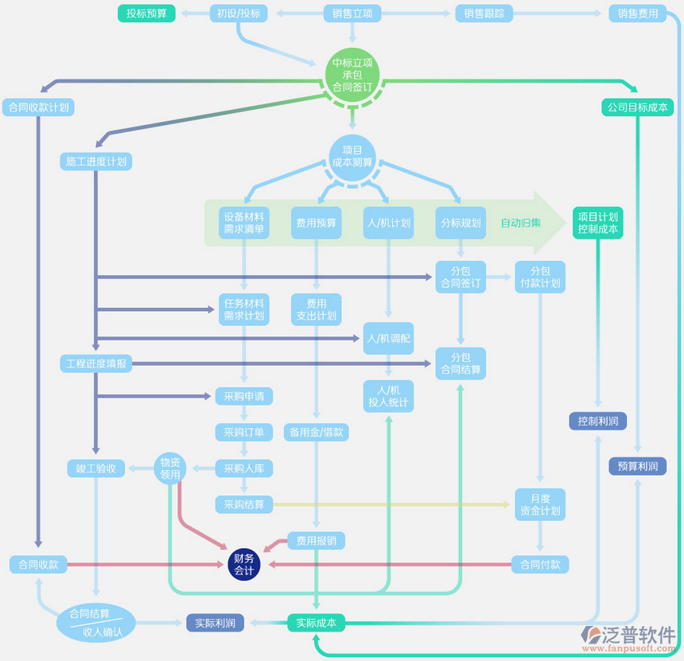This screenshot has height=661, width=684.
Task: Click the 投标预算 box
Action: (146, 14)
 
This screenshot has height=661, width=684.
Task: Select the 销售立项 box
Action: (352, 14)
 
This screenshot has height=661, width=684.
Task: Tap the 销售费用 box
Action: (638, 14)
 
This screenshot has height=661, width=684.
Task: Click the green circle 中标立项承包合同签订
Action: (352, 76)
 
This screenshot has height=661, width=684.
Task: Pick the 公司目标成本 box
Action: (637, 107)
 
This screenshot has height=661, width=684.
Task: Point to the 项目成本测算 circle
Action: (352, 156)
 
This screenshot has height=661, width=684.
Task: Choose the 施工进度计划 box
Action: (95, 161)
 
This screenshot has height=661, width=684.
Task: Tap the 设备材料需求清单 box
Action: (244, 223)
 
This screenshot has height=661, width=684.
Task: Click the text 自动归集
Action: (521, 223)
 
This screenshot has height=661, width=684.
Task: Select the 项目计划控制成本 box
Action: (598, 223)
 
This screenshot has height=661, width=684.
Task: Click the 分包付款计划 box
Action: (540, 277)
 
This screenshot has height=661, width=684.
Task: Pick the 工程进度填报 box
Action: (95, 364)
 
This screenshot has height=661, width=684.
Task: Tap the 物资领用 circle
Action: (170, 469)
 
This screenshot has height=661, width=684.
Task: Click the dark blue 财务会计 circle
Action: (244, 565)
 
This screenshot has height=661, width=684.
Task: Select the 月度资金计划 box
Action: (540, 504)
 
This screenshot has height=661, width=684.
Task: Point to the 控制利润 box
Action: (598, 421)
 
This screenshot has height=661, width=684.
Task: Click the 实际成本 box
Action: (316, 623)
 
